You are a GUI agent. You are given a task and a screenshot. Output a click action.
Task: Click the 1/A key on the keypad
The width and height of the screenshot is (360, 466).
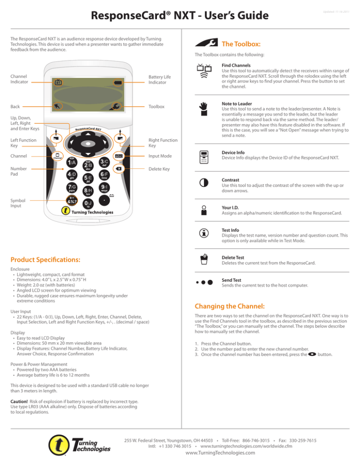[72, 162]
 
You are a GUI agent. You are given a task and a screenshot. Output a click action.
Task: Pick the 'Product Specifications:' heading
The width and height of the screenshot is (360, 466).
[43, 260]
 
